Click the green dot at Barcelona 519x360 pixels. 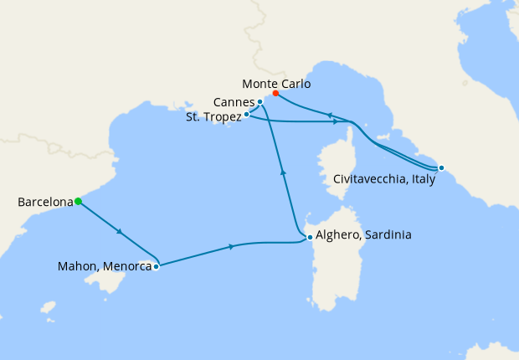coord(78,201)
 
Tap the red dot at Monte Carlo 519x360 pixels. coord(275,93)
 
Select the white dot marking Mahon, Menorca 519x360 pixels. coord(157,267)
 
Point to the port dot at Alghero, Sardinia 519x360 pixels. coord(310,237)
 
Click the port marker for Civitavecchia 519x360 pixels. coord(441,167)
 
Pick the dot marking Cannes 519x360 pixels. coord(260,102)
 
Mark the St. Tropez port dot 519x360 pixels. coord(246,114)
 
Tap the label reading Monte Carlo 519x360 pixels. coord(275,84)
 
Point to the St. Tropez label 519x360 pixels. coord(213,117)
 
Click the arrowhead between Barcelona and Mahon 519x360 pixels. coord(122,232)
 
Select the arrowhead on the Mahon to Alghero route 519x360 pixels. coord(231,246)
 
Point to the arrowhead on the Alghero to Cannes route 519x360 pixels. coord(283,171)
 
